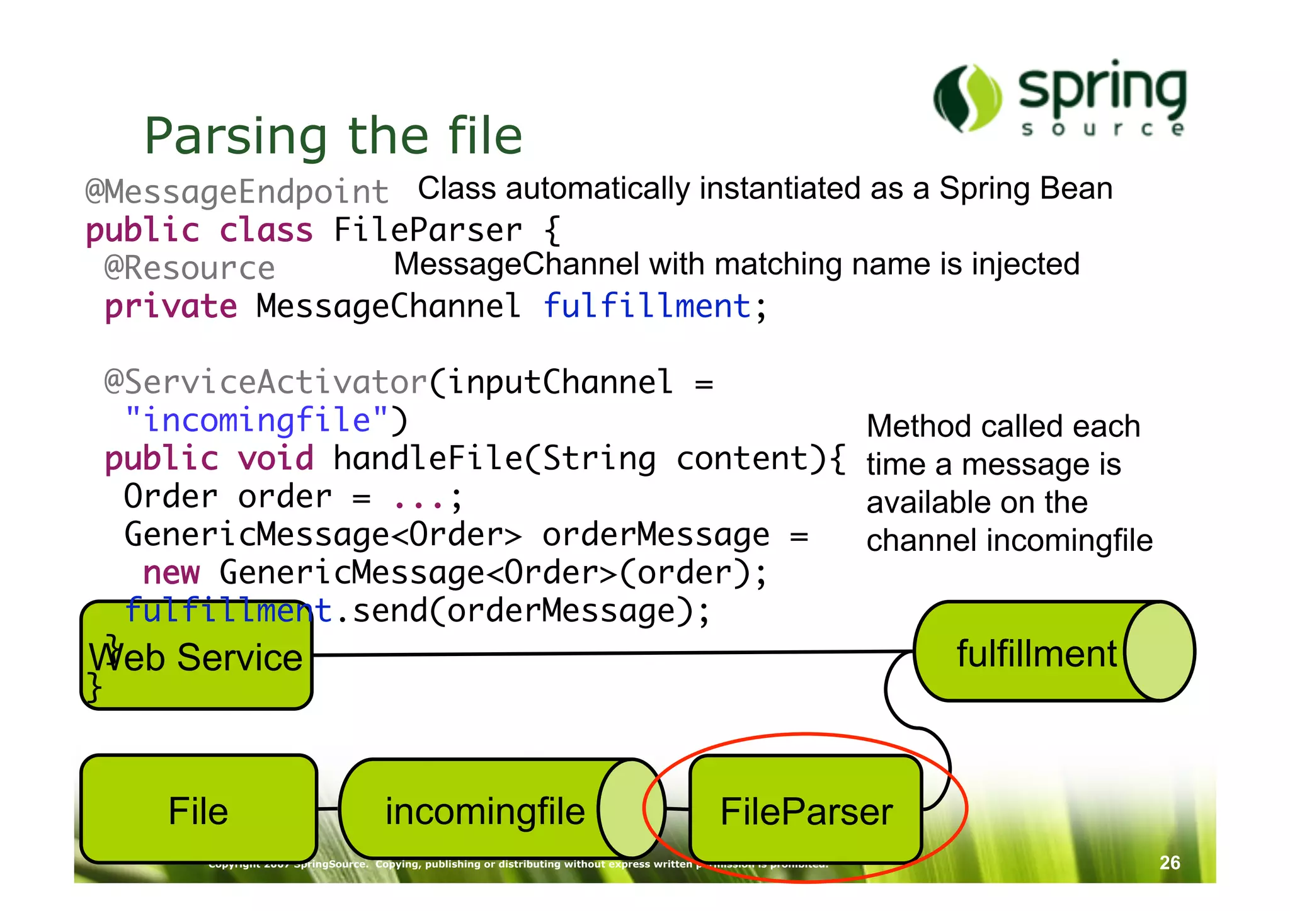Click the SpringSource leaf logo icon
[x=967, y=98]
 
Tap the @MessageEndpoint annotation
[x=237, y=191]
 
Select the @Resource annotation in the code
[x=190, y=268]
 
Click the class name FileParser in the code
[x=428, y=230]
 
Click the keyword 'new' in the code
[x=171, y=573]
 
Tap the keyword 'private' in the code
[x=171, y=307]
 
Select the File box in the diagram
[x=198, y=810]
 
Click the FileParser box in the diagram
[x=806, y=811]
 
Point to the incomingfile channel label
[x=484, y=811]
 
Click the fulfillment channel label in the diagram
[x=1036, y=654]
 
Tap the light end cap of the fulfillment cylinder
[x=1159, y=651]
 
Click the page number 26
[x=1170, y=863]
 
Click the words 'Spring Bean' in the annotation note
[x=1026, y=188]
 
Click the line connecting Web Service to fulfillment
[x=611, y=654]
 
